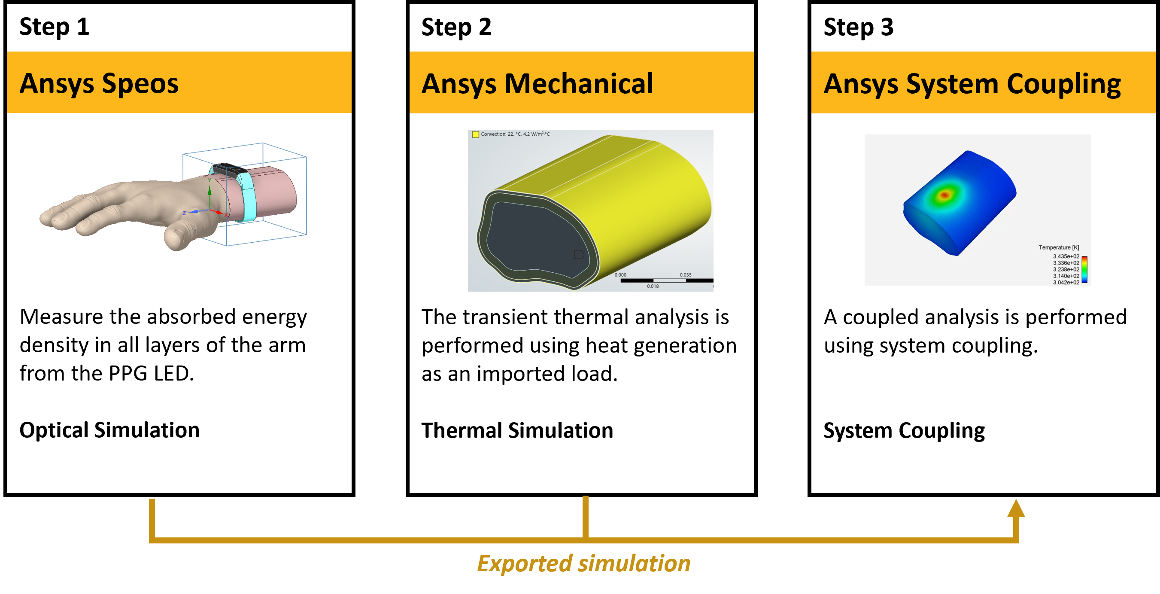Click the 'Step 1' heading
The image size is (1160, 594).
click(54, 27)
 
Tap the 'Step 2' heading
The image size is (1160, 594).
click(456, 27)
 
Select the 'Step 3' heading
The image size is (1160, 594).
click(858, 27)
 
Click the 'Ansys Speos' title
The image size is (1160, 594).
click(99, 84)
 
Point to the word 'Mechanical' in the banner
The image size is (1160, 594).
click(578, 84)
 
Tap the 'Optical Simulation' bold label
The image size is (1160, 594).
click(109, 430)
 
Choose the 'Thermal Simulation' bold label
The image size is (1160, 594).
click(517, 430)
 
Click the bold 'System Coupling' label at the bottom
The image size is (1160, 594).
click(904, 430)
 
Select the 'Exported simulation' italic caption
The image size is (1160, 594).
click(583, 564)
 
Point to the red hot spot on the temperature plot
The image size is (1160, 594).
click(944, 195)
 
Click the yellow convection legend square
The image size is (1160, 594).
click(475, 134)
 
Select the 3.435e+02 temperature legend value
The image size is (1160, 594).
click(1066, 256)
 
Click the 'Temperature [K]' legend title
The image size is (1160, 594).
click(1058, 247)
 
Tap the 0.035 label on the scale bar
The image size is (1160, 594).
click(685, 275)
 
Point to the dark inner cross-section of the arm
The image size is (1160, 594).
click(536, 239)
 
